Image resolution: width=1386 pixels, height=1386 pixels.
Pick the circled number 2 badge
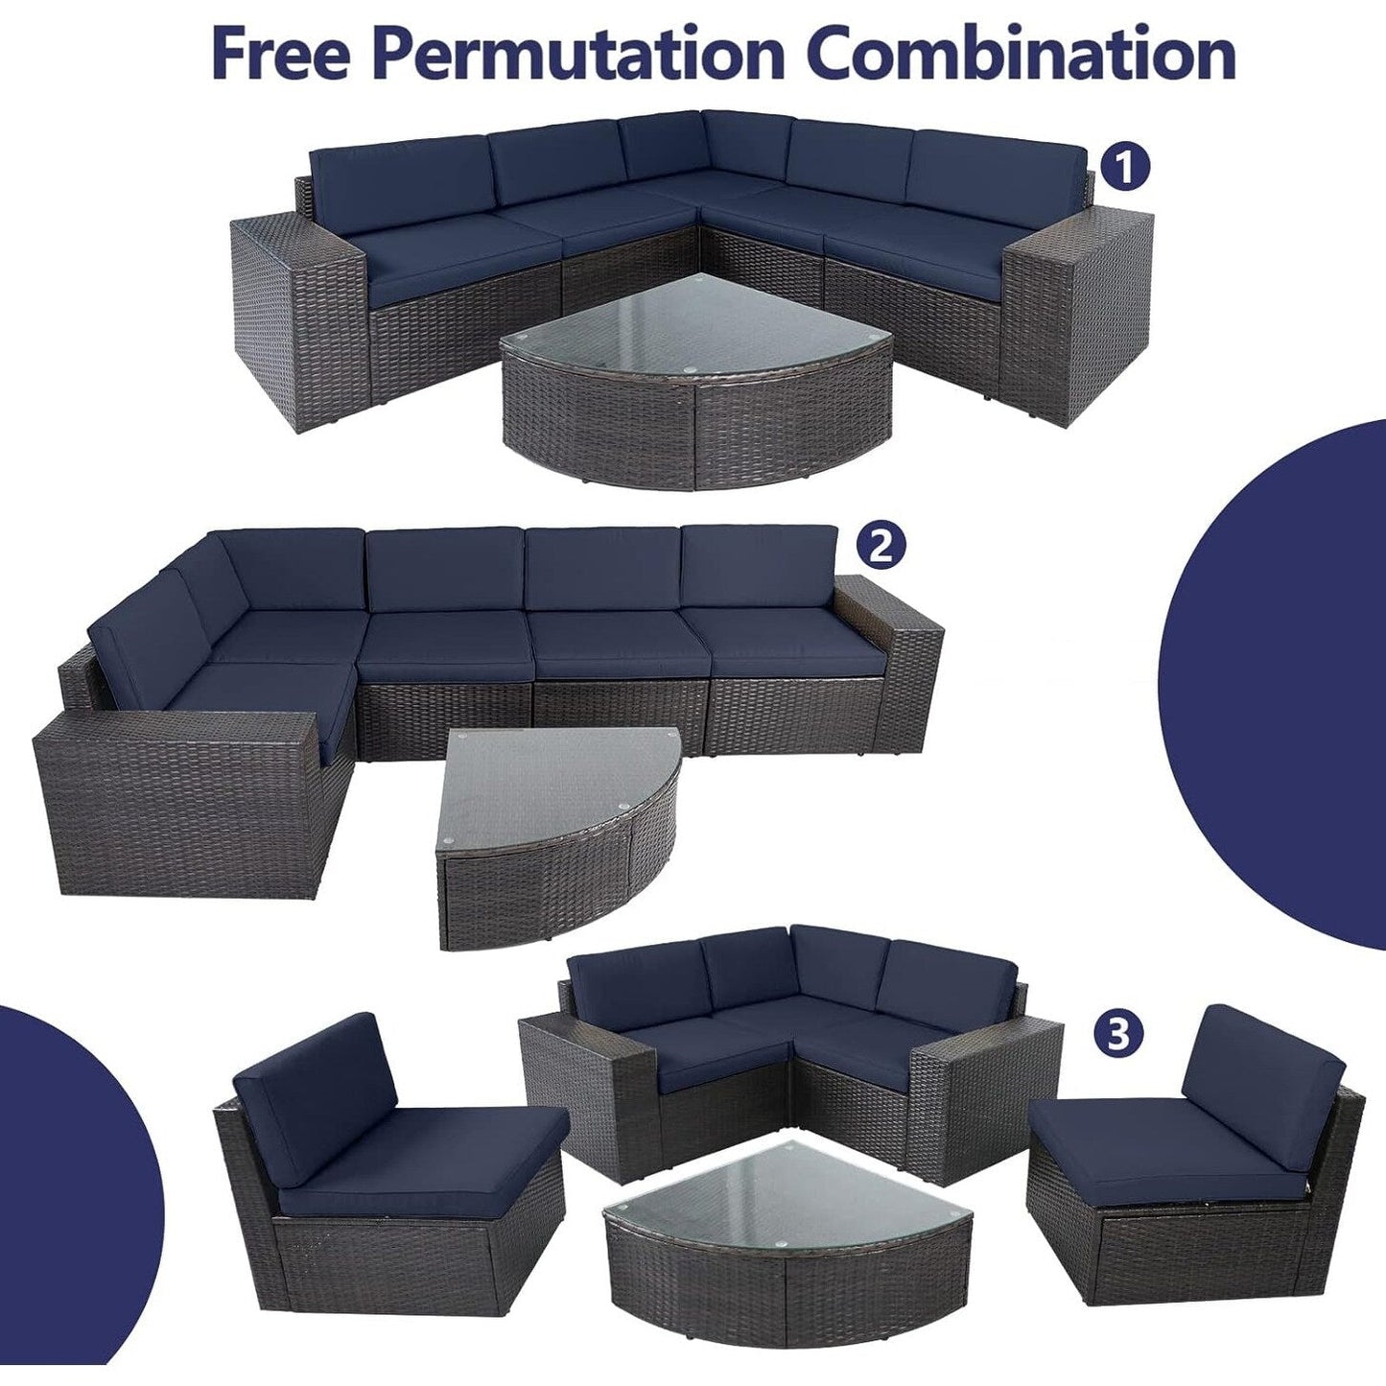(881, 546)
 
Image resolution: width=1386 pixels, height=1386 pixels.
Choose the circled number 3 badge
(1121, 1033)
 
